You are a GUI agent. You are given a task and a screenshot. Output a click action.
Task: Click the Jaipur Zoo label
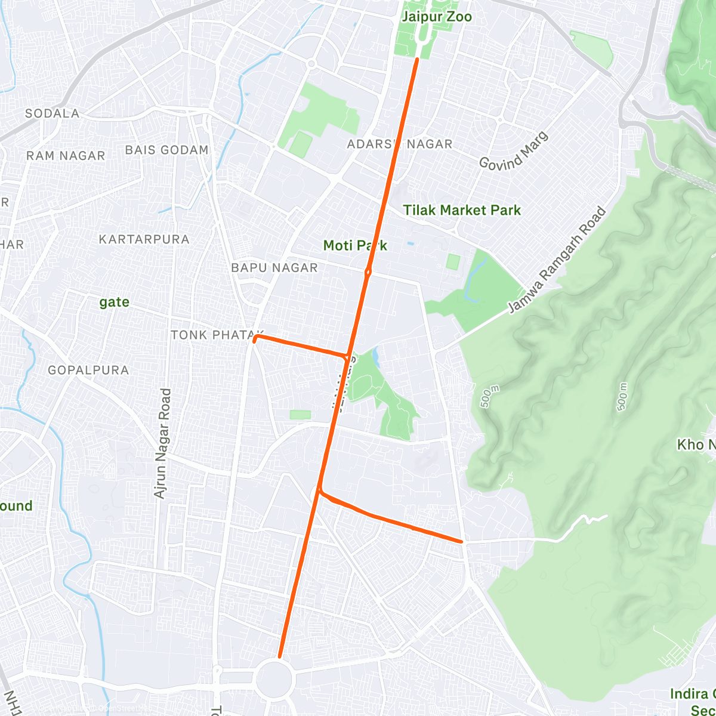(436, 17)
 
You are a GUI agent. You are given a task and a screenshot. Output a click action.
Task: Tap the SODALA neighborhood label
(53, 113)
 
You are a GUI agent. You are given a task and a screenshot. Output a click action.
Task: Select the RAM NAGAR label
(66, 156)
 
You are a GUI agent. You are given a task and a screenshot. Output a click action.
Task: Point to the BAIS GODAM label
(167, 150)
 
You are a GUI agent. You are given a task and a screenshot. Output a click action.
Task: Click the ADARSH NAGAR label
(400, 144)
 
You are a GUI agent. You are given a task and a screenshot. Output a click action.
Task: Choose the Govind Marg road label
(514, 151)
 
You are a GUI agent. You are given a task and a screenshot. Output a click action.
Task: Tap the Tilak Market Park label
(462, 210)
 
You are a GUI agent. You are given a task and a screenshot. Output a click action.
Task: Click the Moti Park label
(354, 245)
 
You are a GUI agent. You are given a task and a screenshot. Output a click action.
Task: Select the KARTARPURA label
(144, 239)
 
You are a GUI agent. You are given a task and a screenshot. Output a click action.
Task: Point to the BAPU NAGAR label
(274, 268)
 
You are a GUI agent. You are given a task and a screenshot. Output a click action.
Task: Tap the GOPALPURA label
(88, 370)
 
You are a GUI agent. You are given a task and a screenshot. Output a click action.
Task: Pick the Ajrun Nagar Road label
(162, 443)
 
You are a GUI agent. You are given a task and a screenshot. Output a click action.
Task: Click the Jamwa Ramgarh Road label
(557, 260)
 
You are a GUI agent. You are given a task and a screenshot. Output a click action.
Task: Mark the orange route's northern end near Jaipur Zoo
(417, 59)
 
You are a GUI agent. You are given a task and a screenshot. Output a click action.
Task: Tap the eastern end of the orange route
(461, 541)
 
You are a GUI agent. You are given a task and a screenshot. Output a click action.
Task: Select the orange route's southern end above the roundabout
(279, 657)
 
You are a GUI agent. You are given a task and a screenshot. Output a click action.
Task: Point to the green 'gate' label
(115, 302)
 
